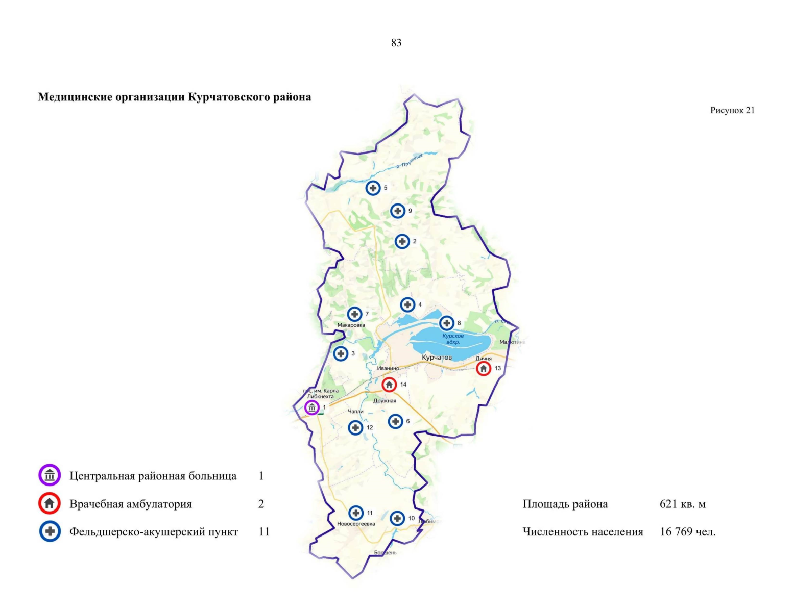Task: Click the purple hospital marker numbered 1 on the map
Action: (x=312, y=407)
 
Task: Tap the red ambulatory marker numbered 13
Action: (x=484, y=368)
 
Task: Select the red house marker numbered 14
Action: (x=389, y=385)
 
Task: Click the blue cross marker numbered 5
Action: (x=373, y=188)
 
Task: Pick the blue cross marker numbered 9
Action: (x=398, y=211)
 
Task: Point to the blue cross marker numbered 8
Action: (x=447, y=323)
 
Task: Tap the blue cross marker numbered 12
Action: (x=356, y=427)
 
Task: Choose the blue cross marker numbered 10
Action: (x=397, y=518)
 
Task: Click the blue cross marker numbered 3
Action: (x=341, y=353)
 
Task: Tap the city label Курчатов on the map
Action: (x=437, y=358)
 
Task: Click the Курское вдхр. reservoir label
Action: (x=453, y=339)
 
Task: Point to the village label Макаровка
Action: (x=351, y=325)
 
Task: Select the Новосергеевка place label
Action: (x=356, y=524)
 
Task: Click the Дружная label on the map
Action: (x=385, y=401)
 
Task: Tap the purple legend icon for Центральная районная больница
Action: (x=50, y=475)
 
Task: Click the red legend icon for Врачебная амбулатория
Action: (x=50, y=504)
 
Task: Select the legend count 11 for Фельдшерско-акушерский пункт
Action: (x=264, y=532)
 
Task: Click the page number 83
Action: (x=396, y=43)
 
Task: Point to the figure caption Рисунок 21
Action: (x=732, y=110)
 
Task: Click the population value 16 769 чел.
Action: (x=687, y=532)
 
